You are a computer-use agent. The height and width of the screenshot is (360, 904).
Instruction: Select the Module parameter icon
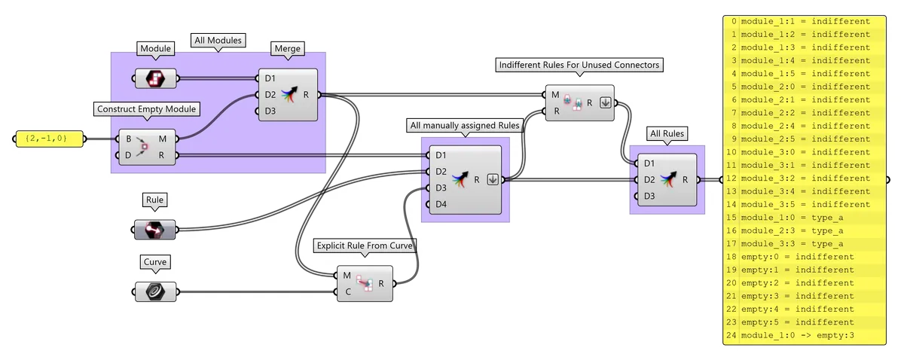point(155,78)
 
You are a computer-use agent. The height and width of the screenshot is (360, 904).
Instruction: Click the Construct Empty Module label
point(147,109)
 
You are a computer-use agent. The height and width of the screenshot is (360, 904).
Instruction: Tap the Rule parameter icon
point(154,229)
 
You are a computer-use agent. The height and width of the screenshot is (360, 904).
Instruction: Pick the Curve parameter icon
point(155,291)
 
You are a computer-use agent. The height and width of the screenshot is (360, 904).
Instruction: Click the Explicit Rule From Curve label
point(365,246)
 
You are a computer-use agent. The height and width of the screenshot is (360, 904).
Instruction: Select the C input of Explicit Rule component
point(347,292)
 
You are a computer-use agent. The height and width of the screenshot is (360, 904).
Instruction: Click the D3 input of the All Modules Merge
point(270,111)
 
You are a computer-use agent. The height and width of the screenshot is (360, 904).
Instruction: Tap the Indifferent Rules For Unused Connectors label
point(579,66)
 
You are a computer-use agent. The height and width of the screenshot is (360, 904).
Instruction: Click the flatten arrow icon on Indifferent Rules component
point(604,103)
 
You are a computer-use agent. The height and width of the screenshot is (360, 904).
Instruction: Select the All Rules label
point(666,134)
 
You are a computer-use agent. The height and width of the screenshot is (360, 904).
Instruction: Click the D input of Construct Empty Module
point(129,156)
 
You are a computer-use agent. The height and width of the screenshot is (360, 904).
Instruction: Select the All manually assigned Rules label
point(464,125)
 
